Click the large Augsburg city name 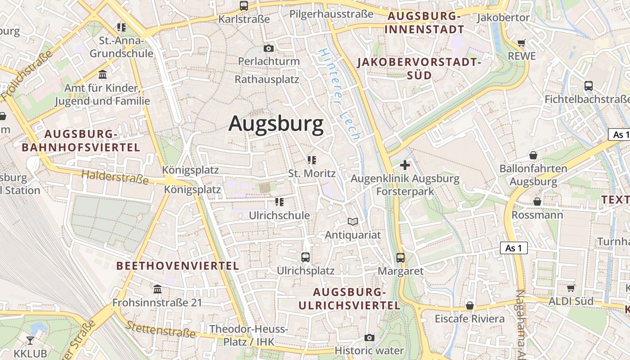click(276, 124)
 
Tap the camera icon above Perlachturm click(269, 48)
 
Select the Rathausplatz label click(267, 79)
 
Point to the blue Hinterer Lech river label click(339, 94)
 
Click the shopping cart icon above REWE click(521, 43)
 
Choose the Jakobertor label click(503, 18)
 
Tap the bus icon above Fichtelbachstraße click(588, 85)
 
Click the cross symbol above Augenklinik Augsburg click(405, 165)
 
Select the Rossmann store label click(537, 215)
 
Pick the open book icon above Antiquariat click(353, 221)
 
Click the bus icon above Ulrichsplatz click(306, 257)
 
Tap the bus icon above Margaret click(400, 258)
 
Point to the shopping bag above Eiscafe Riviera click(470, 306)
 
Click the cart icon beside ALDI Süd click(571, 288)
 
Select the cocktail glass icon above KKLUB click(30, 340)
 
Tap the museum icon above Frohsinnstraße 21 click(157, 289)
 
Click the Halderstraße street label click(115, 177)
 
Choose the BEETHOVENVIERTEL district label click(178, 266)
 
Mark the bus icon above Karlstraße click(244, 6)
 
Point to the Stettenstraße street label click(160, 329)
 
